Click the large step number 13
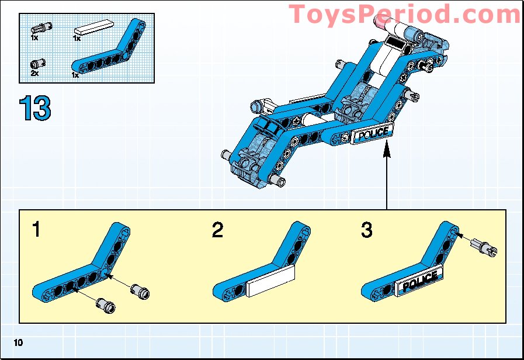click(x=35, y=108)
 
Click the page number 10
click(x=19, y=342)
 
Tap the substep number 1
click(x=37, y=230)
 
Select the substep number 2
click(x=217, y=230)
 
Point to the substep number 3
click(x=366, y=230)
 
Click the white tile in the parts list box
click(x=93, y=26)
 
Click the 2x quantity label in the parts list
click(x=34, y=74)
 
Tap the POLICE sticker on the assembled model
click(x=372, y=134)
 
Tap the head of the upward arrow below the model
click(x=386, y=151)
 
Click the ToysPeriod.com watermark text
click(x=405, y=13)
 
